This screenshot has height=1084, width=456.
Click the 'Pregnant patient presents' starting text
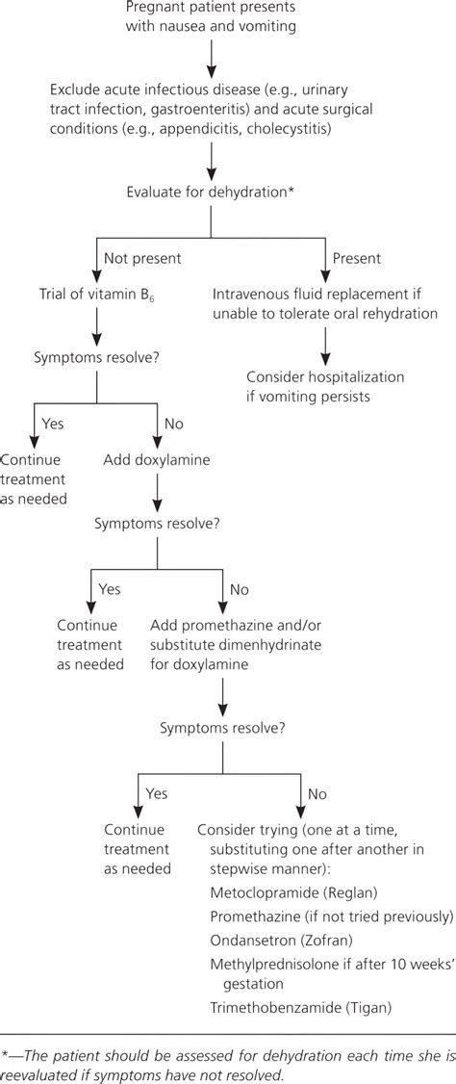point(209,9)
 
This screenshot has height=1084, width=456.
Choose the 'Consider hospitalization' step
point(326,375)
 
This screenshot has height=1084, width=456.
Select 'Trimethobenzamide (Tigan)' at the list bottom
point(287,1008)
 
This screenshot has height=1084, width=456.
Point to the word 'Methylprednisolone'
point(258,962)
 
